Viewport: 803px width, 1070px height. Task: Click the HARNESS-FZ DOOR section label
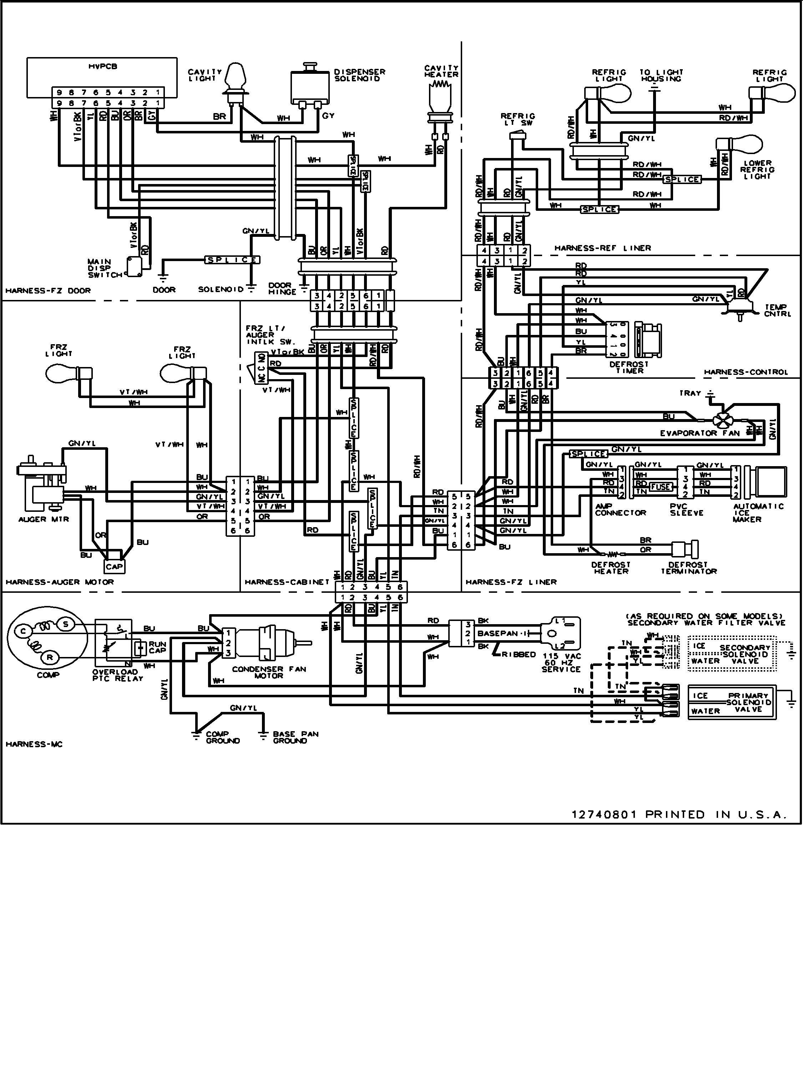pyautogui.click(x=47, y=291)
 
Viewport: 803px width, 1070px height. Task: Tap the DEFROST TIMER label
pyautogui.click(x=630, y=367)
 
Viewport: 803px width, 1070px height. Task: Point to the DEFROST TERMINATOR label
pyautogui.click(x=688, y=567)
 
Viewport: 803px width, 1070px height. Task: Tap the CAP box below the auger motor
pyautogui.click(x=114, y=566)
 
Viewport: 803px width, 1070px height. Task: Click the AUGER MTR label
pyautogui.click(x=43, y=519)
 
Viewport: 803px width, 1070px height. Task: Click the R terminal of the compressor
pyautogui.click(x=49, y=657)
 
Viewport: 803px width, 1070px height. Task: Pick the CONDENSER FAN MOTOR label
pyautogui.click(x=269, y=672)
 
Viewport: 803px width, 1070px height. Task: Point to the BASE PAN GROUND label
pyautogui.click(x=295, y=737)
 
